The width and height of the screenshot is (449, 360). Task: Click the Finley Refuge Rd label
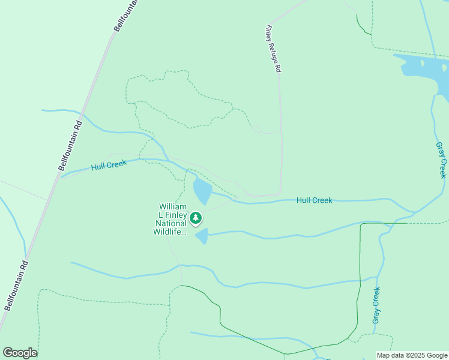point(274,49)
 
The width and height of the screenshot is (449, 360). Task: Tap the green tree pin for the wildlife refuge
point(196,218)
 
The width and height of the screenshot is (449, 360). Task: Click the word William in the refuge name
point(173,206)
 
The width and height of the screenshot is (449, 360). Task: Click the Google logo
point(20,353)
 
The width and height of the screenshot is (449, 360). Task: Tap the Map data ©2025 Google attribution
point(411,355)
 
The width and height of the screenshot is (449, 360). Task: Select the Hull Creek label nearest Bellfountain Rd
point(109,165)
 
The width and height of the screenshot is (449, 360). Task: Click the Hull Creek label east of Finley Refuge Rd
point(314,200)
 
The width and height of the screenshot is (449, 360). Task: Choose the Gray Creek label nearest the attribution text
point(376,305)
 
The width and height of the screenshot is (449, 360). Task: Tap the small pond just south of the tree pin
point(202,236)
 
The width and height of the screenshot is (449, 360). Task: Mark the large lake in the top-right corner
point(426,69)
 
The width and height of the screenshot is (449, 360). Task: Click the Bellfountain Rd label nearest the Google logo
point(16,284)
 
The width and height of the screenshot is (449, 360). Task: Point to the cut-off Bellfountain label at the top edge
point(127,15)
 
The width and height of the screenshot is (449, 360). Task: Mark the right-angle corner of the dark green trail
point(361,224)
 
